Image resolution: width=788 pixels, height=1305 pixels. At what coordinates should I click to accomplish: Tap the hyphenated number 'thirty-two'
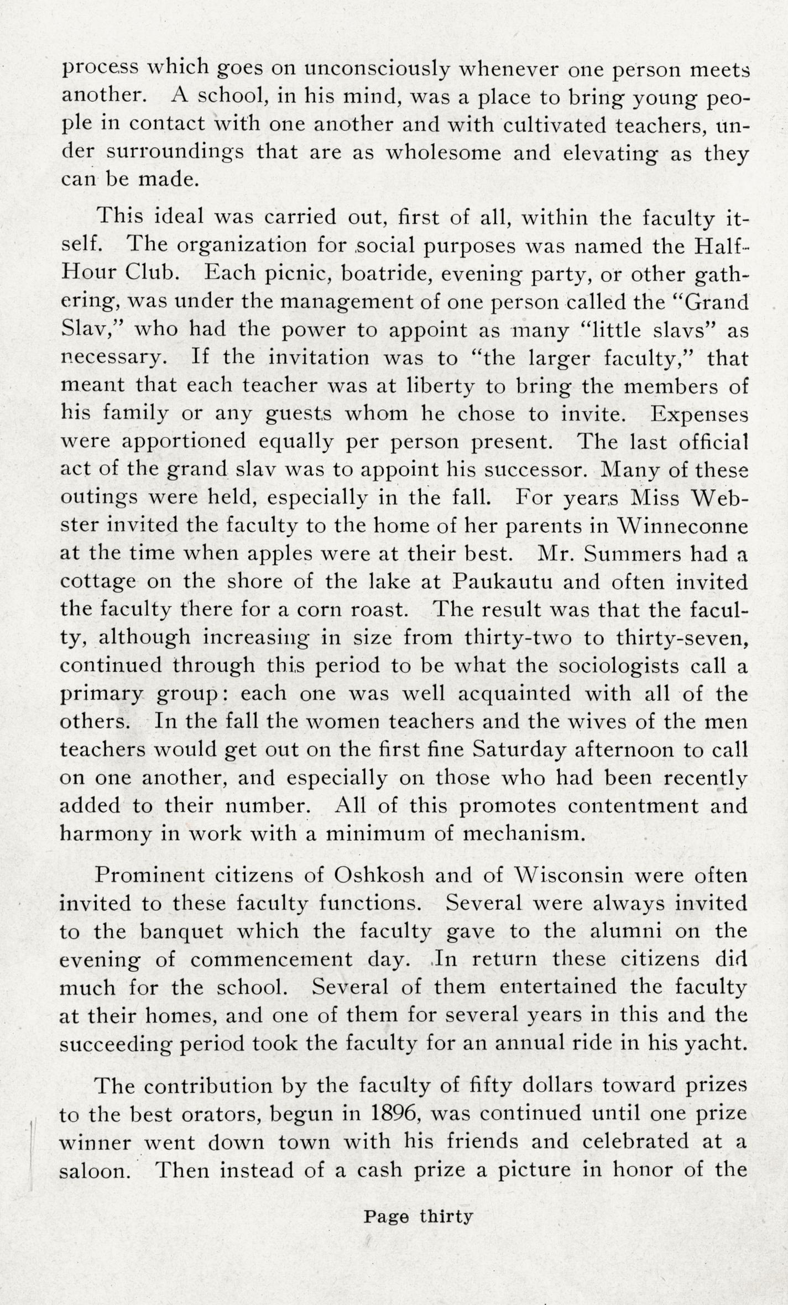click(518, 637)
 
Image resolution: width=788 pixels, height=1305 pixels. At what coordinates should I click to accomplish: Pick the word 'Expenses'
click(699, 413)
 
